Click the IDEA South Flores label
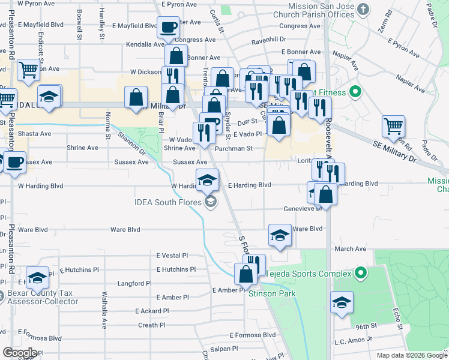point(170,202)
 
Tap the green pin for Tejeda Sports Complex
point(360,274)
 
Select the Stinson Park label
point(272,293)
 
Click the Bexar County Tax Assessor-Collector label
point(43,297)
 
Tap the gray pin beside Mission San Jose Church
point(363,9)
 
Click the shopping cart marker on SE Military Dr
point(393,126)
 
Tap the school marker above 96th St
point(342,302)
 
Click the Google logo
point(20,353)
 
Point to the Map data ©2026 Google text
point(411,355)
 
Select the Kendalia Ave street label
point(145,44)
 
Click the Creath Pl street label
point(152,325)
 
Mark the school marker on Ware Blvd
point(280,235)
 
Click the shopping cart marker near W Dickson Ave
point(28,70)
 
